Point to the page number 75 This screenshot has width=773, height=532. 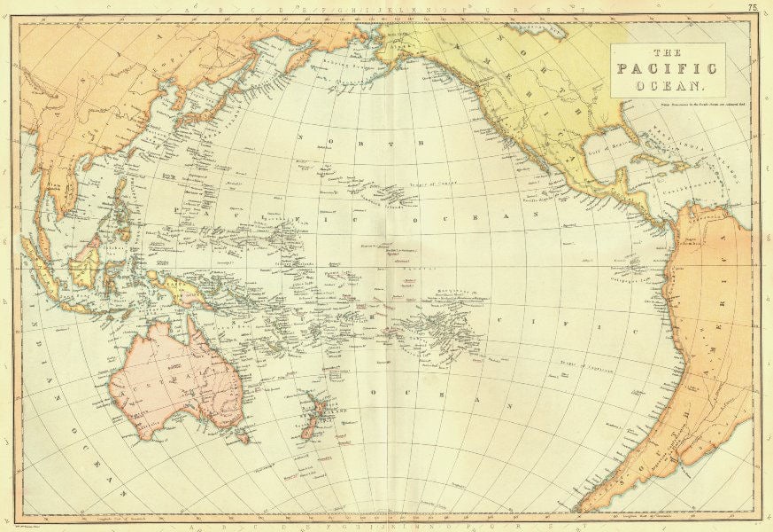click(x=753, y=7)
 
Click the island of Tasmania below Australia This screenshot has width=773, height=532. click(x=242, y=436)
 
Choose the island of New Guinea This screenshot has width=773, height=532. click(x=182, y=288)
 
